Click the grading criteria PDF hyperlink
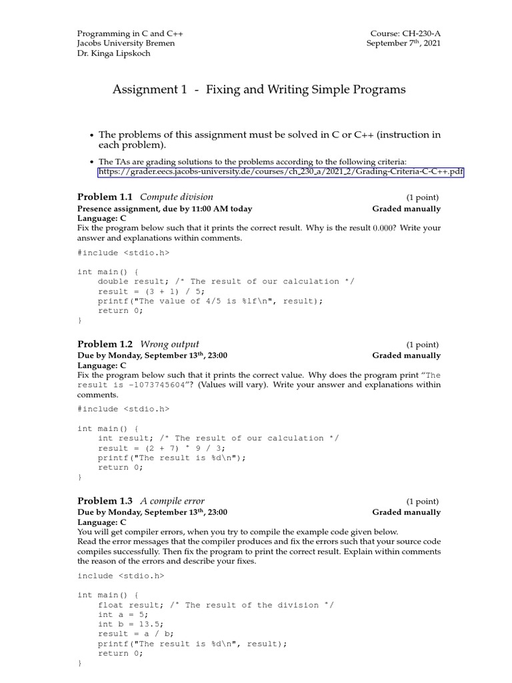[281, 172]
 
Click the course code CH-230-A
[419, 33]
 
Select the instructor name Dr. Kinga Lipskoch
[114, 53]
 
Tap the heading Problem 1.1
[105, 197]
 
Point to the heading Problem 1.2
[105, 344]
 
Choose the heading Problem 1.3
[105, 501]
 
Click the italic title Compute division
[177, 197]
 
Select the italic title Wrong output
[169, 344]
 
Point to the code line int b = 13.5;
[131, 624]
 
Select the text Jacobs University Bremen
[126, 43]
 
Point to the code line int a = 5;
[123, 614]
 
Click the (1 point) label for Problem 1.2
[423, 345]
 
